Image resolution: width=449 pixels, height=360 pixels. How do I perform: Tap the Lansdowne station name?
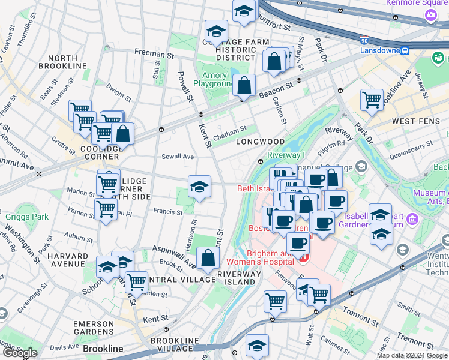379,50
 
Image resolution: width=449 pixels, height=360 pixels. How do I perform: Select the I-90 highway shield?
364,40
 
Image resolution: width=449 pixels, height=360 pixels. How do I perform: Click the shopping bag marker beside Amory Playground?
244,86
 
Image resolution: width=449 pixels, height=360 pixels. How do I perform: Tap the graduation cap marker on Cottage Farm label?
216,32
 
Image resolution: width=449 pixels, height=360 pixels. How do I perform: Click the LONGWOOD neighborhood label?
260,142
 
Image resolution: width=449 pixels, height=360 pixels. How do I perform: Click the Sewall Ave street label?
178,157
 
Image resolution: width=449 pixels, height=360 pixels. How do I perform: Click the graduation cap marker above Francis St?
199,187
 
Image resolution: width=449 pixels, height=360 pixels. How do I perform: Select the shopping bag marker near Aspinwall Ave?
207,259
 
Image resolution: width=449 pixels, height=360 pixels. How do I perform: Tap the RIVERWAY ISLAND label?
240,278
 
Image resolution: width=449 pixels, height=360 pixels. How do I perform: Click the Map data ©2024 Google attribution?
412,355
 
